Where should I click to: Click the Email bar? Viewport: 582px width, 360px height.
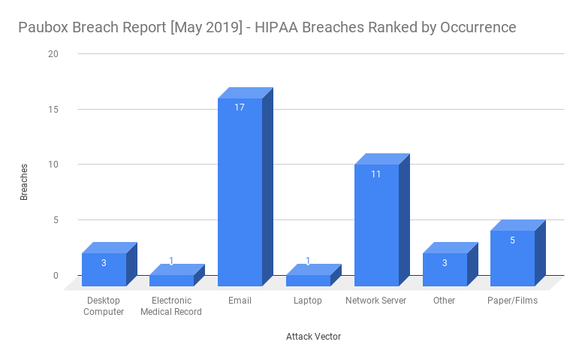pyautogui.click(x=240, y=192)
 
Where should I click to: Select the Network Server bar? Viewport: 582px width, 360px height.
pyautogui.click(x=376, y=225)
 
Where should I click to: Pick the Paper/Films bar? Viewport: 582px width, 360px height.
pyautogui.click(x=512, y=258)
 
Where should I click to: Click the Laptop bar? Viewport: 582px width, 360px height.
pyautogui.click(x=308, y=280)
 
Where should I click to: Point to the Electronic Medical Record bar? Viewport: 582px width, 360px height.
pyautogui.click(x=171, y=280)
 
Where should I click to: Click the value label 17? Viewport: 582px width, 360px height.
pyautogui.click(x=240, y=107)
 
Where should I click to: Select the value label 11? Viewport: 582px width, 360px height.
pyautogui.click(x=376, y=174)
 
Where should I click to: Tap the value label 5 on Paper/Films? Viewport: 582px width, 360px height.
pyautogui.click(x=512, y=241)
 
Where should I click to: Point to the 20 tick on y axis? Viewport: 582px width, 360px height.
pyautogui.click(x=53, y=54)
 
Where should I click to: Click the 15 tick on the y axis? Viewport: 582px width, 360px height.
pyautogui.click(x=53, y=109)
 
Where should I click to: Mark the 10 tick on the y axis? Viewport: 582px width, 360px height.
pyautogui.click(x=53, y=165)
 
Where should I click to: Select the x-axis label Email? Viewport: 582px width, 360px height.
pyautogui.click(x=240, y=301)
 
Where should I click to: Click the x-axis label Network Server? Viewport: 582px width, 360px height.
pyautogui.click(x=375, y=301)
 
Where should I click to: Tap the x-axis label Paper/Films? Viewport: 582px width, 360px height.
pyautogui.click(x=512, y=301)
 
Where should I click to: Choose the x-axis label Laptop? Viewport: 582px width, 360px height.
pyautogui.click(x=308, y=301)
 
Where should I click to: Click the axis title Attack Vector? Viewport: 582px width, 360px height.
pyautogui.click(x=313, y=337)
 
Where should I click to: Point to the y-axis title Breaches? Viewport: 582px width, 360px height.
pyautogui.click(x=24, y=181)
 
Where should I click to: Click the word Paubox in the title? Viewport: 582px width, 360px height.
pyautogui.click(x=43, y=28)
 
